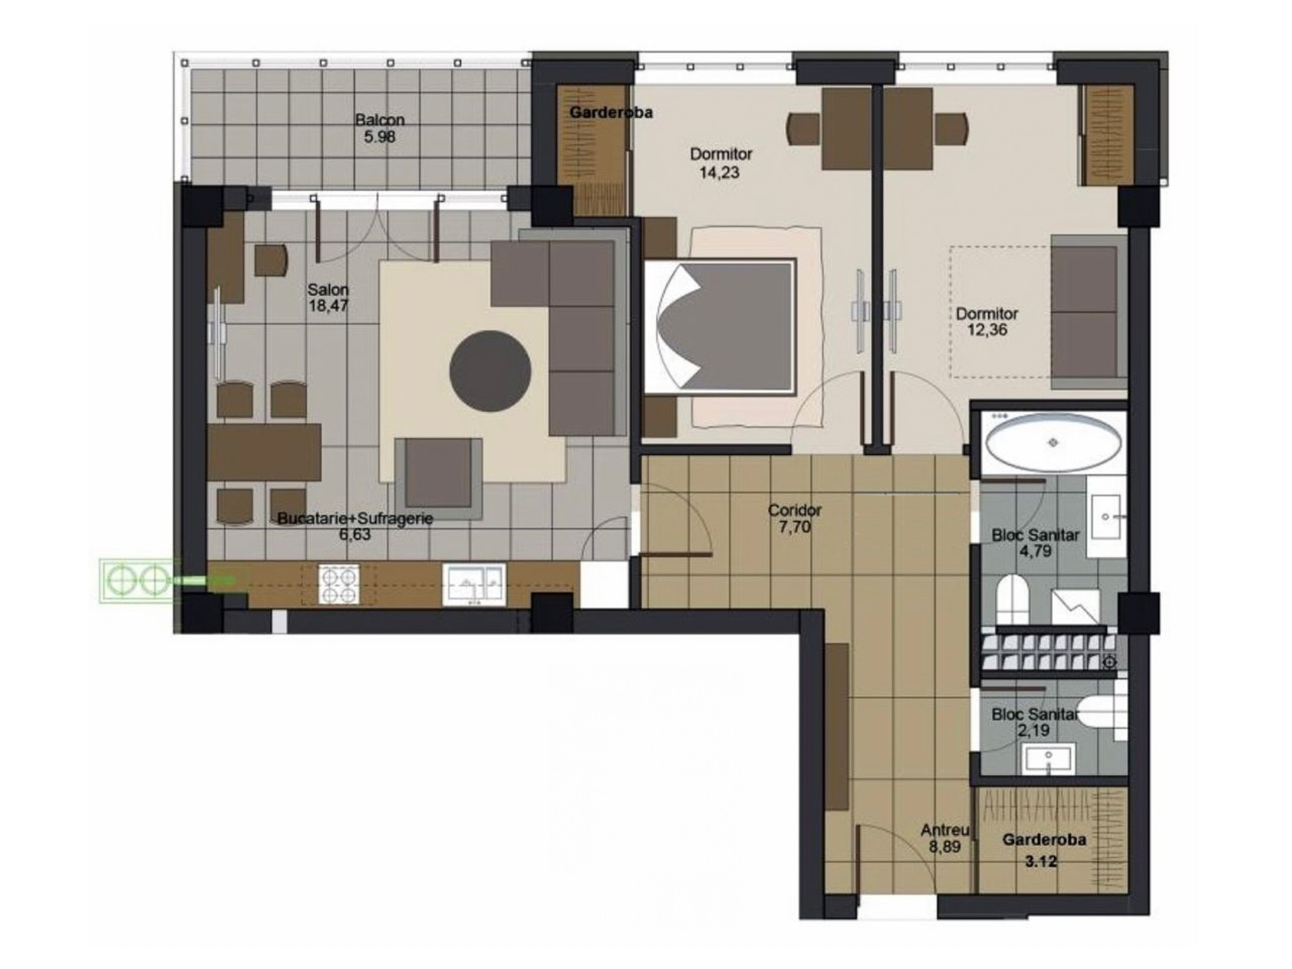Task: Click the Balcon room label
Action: point(380,119)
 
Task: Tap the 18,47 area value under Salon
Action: point(328,306)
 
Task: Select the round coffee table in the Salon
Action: point(490,371)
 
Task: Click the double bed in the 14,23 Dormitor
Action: point(719,326)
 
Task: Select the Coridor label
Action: point(794,510)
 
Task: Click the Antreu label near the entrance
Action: point(944,830)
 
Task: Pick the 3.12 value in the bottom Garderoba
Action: point(1040,860)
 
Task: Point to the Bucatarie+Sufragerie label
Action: point(355,519)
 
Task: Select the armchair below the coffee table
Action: point(438,478)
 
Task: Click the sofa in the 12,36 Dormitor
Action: point(1088,312)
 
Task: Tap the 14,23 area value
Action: point(719,172)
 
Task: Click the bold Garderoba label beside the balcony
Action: point(611,112)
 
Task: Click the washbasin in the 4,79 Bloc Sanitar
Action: point(1107,517)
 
